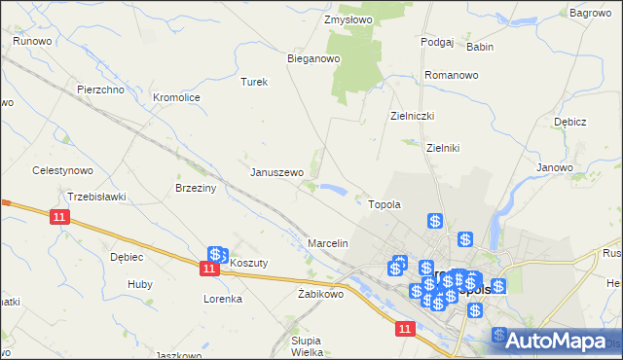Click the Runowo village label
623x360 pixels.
32,41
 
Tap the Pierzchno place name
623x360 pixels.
101,90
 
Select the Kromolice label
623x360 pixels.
176,97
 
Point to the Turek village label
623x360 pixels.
254,82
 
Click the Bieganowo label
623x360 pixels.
312,58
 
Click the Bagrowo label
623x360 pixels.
590,13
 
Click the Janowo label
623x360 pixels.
555,167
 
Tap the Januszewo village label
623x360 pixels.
277,172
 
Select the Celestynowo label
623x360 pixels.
62,170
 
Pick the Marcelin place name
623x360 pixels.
328,242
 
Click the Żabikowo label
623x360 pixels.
320,293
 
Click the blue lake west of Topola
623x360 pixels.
333,189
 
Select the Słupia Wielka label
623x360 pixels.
313,346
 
